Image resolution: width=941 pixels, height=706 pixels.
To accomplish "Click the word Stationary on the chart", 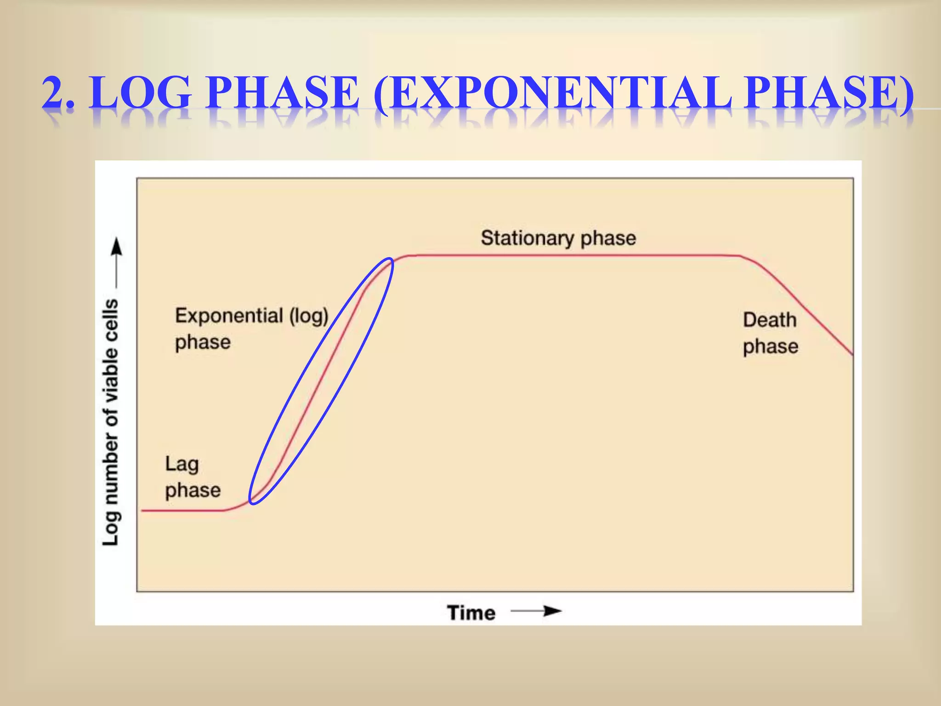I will [x=527, y=239].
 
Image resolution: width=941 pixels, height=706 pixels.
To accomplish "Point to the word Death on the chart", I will [x=770, y=320].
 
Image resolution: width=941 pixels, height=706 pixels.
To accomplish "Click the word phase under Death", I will [x=771, y=347].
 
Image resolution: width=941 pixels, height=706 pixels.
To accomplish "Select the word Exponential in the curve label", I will [x=229, y=316].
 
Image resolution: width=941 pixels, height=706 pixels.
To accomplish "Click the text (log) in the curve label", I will [x=309, y=316].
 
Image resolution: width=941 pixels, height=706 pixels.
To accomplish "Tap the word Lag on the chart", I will [x=182, y=464].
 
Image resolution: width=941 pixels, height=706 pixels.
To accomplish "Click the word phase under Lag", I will [x=193, y=490].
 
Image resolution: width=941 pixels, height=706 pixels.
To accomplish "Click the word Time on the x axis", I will [x=471, y=613].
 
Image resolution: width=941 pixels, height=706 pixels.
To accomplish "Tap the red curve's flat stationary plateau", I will [x=574, y=256].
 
